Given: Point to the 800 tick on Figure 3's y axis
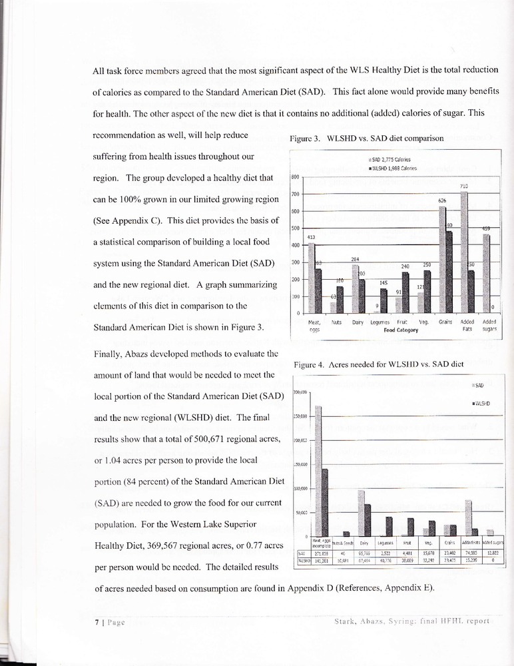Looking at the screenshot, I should point(296,176).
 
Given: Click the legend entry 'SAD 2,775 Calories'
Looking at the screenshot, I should point(389,160).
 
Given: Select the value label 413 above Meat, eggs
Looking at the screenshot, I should point(310,237).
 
